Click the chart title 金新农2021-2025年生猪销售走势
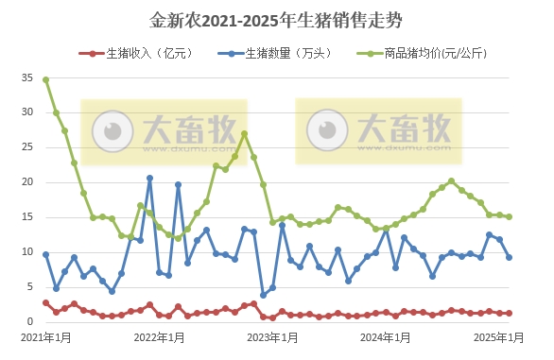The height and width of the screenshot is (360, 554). (x=277, y=19)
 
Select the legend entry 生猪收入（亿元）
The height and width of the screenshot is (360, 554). (x=143, y=53)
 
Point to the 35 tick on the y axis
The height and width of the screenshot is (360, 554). (x=26, y=79)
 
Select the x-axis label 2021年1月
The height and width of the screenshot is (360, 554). (x=45, y=337)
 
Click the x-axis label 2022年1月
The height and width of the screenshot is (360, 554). (x=158, y=337)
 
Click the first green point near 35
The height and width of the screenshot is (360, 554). (x=46, y=79)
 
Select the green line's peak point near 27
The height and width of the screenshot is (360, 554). (x=244, y=133)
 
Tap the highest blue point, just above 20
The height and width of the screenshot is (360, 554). (x=149, y=178)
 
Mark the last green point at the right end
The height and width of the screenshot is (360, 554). (x=510, y=216)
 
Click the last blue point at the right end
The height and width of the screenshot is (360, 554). (x=510, y=257)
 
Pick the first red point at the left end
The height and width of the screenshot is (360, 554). (x=46, y=302)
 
